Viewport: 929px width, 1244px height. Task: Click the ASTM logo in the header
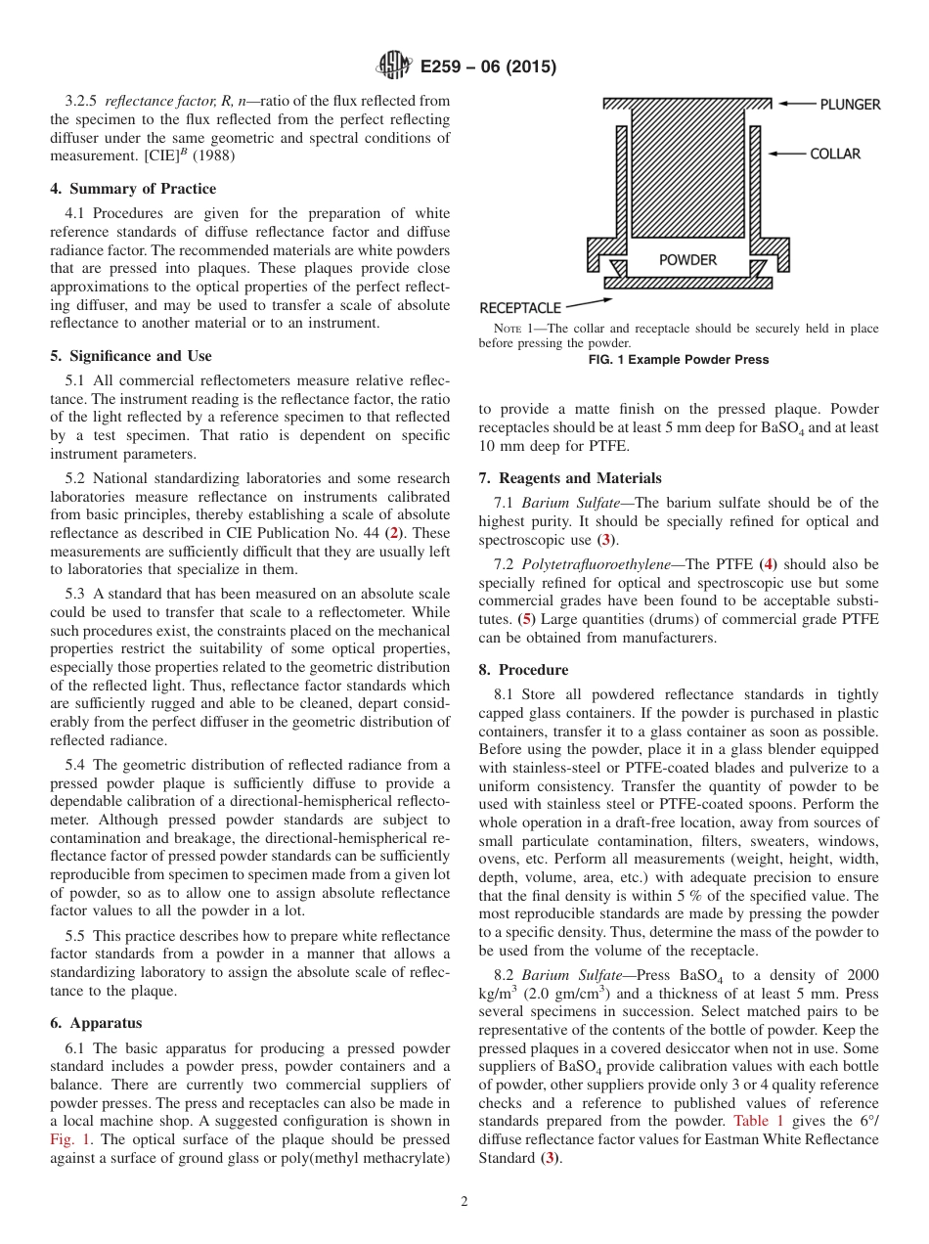point(394,67)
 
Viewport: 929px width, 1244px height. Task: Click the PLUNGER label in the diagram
point(850,105)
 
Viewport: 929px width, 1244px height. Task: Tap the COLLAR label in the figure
point(835,154)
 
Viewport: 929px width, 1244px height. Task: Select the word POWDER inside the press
point(687,260)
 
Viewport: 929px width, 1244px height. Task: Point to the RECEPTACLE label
point(520,308)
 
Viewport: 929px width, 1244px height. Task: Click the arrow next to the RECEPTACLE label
point(589,303)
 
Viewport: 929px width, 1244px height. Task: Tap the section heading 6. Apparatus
point(96,1023)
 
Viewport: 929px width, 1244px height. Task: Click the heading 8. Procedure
point(523,670)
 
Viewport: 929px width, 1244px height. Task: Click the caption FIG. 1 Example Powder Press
point(678,360)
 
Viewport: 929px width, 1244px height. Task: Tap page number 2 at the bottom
point(464,1202)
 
